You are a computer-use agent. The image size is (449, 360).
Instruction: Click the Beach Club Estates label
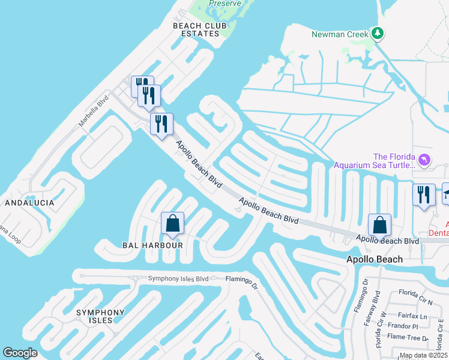point(196,29)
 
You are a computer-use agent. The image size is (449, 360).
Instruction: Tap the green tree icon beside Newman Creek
point(378,33)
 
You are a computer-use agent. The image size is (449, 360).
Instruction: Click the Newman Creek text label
point(340,34)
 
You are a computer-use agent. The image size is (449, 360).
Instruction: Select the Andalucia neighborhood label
point(29,203)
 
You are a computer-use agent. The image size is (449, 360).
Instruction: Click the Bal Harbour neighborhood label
point(143,245)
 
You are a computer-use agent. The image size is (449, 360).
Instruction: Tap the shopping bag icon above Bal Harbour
point(172,224)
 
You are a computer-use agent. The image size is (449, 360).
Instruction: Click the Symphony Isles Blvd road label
point(178,279)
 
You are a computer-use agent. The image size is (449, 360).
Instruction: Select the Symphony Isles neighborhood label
point(100,316)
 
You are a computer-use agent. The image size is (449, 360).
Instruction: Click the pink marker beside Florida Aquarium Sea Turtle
point(424,160)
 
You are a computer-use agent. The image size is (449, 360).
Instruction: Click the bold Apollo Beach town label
point(375,259)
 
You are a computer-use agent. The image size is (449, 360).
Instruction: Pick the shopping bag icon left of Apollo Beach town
point(379,226)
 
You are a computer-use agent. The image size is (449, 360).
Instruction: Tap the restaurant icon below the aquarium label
point(424,194)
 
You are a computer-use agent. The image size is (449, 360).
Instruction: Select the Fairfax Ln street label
point(415,316)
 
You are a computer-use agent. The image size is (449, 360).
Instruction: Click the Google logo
point(20,353)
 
